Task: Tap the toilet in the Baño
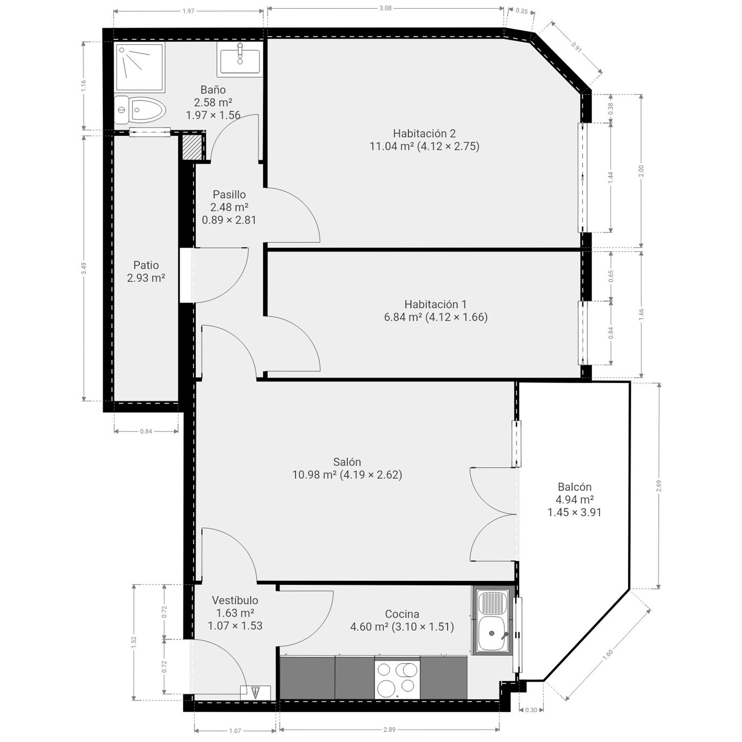click(140, 110)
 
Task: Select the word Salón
click(347, 462)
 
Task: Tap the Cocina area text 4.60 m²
click(369, 626)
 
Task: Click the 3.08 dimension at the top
click(385, 8)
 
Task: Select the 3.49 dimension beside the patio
click(84, 268)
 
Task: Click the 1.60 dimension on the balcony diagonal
click(608, 654)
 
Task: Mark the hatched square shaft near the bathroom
click(192, 147)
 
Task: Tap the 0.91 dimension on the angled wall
click(576, 47)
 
